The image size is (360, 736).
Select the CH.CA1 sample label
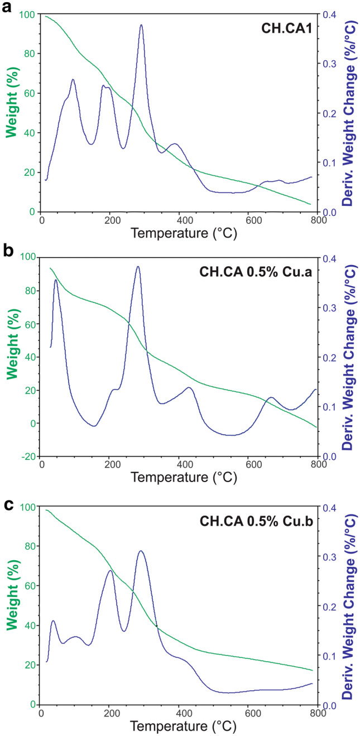(x=286, y=27)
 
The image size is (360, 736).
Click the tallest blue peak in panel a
(x=141, y=25)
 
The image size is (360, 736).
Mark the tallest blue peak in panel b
(x=138, y=267)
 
